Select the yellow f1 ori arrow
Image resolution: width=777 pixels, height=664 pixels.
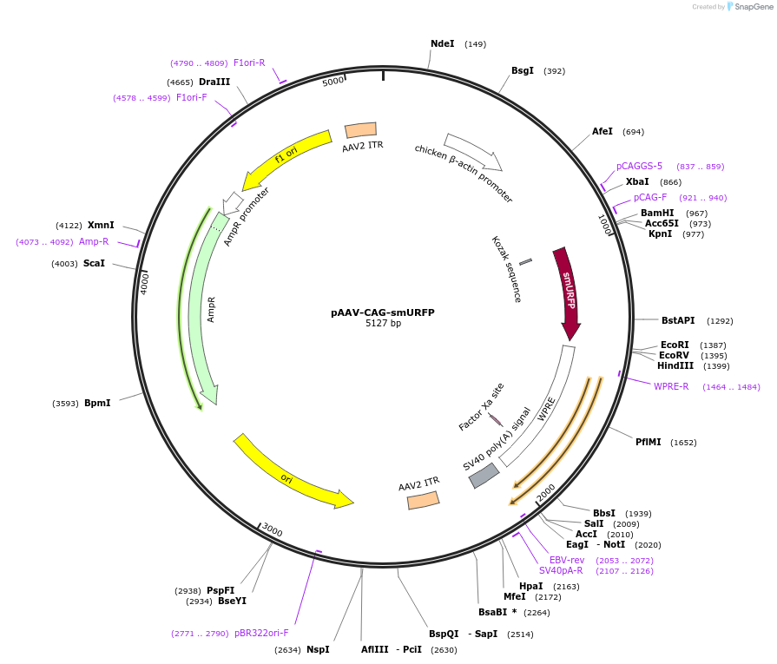[286, 157]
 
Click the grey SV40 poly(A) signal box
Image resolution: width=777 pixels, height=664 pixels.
[484, 476]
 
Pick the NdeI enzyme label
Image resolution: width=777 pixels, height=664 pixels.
[442, 43]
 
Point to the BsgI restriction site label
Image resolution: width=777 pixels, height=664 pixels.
[523, 71]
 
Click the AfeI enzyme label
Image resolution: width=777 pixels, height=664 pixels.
[603, 132]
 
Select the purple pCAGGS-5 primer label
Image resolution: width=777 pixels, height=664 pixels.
[639, 167]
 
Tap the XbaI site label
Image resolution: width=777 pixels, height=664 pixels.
[637, 182]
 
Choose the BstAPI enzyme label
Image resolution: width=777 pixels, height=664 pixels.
[678, 321]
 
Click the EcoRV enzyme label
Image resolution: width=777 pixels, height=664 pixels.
[675, 355]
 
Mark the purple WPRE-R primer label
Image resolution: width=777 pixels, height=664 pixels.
[671, 387]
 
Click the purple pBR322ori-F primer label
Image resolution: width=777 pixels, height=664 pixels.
[261, 633]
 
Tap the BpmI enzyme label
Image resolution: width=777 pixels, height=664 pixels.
[97, 403]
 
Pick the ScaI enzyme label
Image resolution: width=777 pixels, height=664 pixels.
[94, 263]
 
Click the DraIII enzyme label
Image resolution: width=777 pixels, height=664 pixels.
[214, 82]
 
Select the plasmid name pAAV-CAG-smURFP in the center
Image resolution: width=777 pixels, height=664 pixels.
[383, 312]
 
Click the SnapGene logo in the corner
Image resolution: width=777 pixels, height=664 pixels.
[748, 7]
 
